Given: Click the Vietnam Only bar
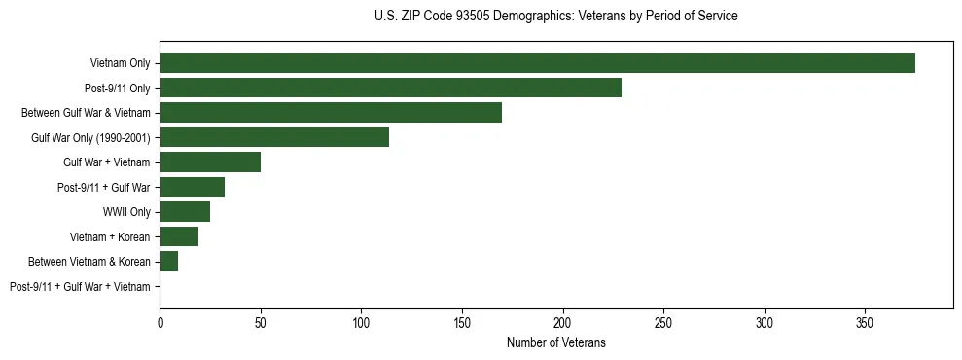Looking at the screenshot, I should click(537, 63).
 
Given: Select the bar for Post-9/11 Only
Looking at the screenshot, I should click(390, 89).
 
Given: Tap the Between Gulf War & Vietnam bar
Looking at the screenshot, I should click(331, 113).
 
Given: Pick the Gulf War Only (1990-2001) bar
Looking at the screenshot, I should click(274, 137).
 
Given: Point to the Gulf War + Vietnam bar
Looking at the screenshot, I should click(210, 162).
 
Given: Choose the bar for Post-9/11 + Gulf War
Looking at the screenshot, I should click(193, 187).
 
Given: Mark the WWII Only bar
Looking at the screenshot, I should click(185, 212).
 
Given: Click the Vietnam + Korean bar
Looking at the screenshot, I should click(179, 236).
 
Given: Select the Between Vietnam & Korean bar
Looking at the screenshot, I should click(169, 262).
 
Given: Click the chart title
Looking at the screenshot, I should click(555, 17).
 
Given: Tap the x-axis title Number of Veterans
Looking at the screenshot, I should click(555, 342).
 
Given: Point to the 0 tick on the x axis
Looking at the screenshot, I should click(160, 322).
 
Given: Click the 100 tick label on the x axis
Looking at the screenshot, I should click(361, 322).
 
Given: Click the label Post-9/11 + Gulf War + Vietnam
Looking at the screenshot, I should click(80, 287).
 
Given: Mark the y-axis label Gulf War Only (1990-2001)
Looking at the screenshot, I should click(90, 138).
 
